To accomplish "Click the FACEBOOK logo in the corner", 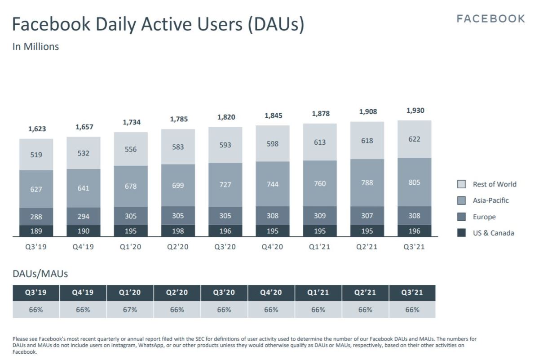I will [x=490, y=18].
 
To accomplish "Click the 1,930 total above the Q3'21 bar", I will [x=415, y=111].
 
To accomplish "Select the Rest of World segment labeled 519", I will [x=36, y=155].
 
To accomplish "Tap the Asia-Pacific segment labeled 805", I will [x=415, y=182].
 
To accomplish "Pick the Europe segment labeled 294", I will [x=84, y=216].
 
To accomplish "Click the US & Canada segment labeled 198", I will [x=178, y=231].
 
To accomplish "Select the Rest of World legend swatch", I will [x=461, y=184].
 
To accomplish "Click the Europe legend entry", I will [x=484, y=217].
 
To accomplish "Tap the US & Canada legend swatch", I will [x=461, y=233].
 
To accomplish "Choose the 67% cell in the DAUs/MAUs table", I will [x=130, y=310].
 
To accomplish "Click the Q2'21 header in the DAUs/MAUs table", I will [x=365, y=293].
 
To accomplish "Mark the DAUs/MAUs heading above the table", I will [x=40, y=273].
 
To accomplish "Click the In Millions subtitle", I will [x=35, y=46].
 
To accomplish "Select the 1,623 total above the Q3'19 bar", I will [x=36, y=129].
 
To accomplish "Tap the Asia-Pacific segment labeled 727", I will [x=225, y=185].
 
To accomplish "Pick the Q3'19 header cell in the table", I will [x=36, y=293].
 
